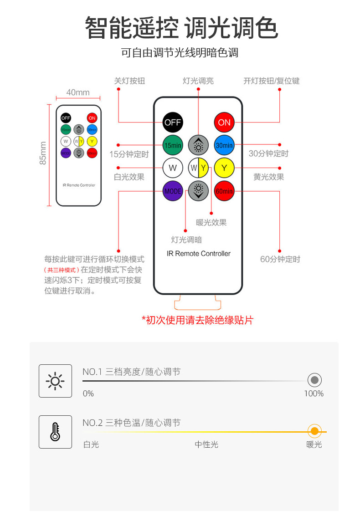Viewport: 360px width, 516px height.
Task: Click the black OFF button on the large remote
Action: pyautogui.click(x=173, y=122)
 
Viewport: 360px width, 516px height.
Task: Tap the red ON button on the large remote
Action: pyautogui.click(x=224, y=122)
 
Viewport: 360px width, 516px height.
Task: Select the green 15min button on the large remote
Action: pyautogui.click(x=173, y=145)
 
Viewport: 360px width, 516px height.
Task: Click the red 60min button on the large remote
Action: pyautogui.click(x=224, y=191)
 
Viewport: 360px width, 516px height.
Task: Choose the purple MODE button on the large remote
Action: pyautogui.click(x=173, y=191)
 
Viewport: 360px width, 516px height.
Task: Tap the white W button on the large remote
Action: pyautogui.click(x=173, y=168)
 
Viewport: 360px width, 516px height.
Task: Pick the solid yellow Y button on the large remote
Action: pyautogui.click(x=224, y=168)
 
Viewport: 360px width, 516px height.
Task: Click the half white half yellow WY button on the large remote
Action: pyautogui.click(x=198, y=168)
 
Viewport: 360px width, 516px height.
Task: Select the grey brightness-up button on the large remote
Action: pyautogui.click(x=198, y=145)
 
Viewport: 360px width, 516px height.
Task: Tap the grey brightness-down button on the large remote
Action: pyautogui.click(x=198, y=191)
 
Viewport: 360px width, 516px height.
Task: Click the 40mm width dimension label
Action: pyautogui.click(x=78, y=92)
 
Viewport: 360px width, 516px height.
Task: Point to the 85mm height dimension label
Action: pyautogui.click(x=43, y=153)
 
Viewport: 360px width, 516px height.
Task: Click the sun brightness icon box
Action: pyautogui.click(x=55, y=381)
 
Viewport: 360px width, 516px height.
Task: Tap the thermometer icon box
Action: pyautogui.click(x=55, y=432)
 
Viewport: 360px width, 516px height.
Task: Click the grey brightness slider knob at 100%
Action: pyautogui.click(x=314, y=380)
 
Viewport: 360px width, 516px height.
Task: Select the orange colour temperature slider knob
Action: pyautogui.click(x=314, y=431)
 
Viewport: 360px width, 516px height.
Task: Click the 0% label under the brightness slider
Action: pyautogui.click(x=88, y=393)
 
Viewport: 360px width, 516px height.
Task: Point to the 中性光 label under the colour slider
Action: pyautogui.click(x=206, y=444)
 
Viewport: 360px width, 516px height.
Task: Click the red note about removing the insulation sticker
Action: pyautogui.click(x=197, y=320)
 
